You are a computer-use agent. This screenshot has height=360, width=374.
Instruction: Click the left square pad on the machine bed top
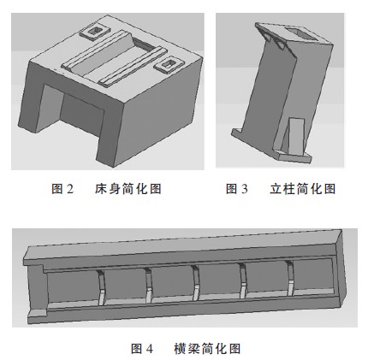[92, 34]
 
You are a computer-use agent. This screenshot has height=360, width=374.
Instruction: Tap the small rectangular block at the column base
[292, 137]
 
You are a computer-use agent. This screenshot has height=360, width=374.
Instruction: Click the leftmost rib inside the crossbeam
[101, 286]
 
